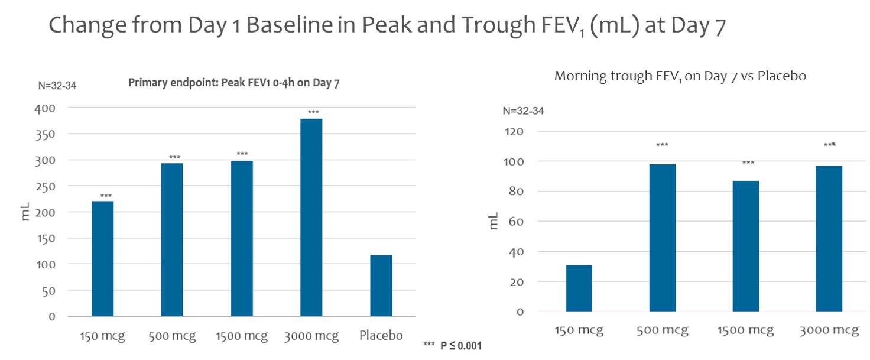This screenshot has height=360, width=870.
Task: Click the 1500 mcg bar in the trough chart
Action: click(746, 246)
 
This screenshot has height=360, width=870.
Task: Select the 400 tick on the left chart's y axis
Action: click(45, 108)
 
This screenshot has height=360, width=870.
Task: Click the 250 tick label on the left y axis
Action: click(45, 186)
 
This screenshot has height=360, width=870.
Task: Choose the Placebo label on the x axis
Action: click(381, 336)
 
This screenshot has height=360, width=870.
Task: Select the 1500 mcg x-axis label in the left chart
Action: click(242, 336)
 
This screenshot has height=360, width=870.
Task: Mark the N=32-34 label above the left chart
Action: click(57, 86)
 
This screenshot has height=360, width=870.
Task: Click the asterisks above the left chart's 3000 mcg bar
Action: click(313, 112)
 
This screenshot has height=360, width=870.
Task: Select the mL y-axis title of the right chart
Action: click(494, 220)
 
